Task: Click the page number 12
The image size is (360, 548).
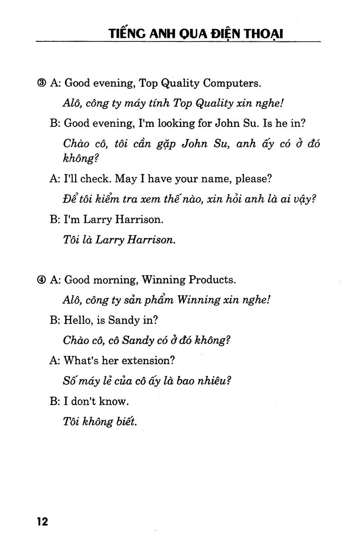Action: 43,522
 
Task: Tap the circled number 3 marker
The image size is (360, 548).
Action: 42,83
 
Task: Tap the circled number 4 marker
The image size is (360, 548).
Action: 42,280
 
